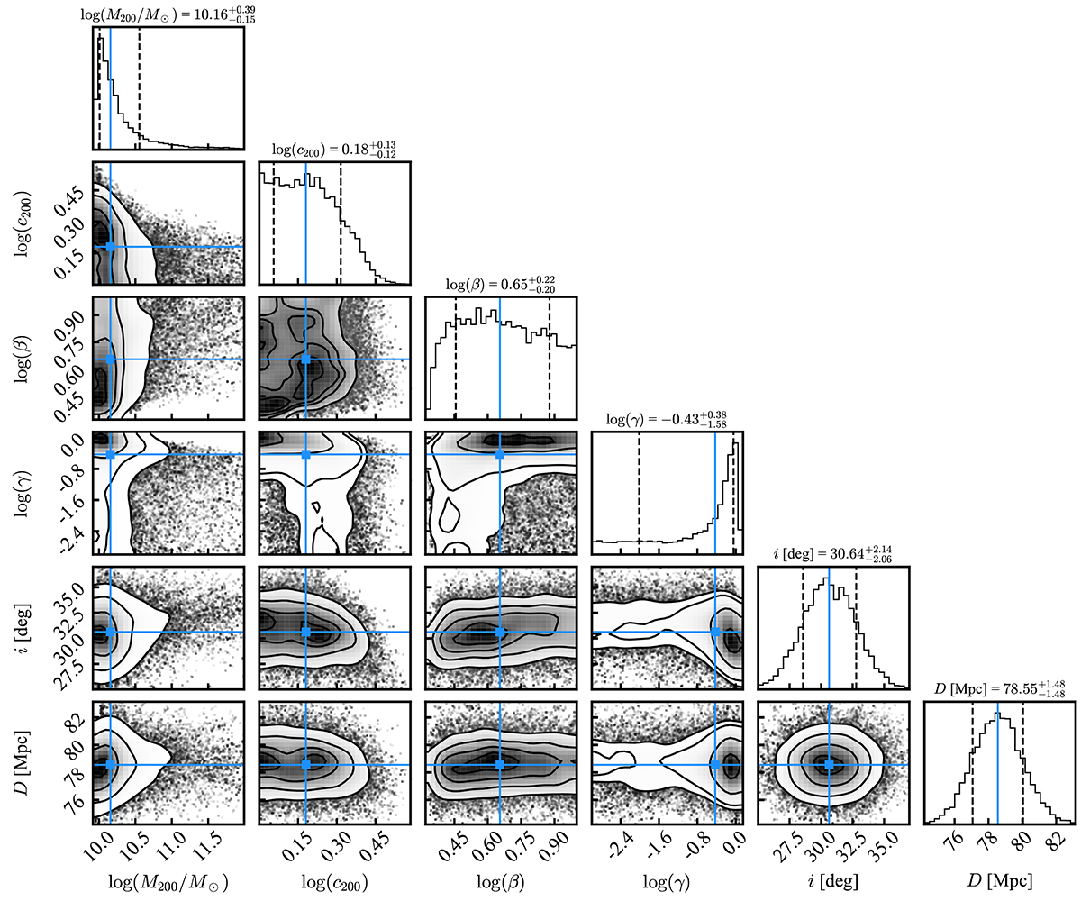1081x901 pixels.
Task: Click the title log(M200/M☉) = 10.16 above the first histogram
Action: tap(168, 14)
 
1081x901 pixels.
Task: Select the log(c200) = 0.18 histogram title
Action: tap(334, 150)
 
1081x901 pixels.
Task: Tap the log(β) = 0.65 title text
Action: tap(501, 285)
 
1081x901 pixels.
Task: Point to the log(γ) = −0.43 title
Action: tap(667, 420)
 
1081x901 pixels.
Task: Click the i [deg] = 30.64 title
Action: tap(833, 555)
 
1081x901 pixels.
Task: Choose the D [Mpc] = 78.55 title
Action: tap(1000, 689)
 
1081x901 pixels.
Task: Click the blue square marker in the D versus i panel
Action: tap(830, 765)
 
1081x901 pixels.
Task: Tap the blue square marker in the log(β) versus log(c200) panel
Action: tap(306, 359)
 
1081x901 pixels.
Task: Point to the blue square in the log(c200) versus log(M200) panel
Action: tap(110, 247)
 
